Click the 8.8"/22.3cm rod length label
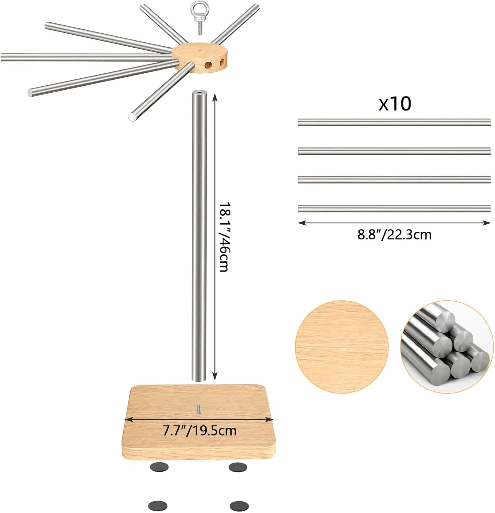point(394,235)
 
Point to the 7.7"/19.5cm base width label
point(200,430)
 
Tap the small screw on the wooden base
point(198,409)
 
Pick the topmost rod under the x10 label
point(394,122)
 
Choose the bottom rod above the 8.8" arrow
point(394,208)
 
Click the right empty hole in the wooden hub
point(222,63)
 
